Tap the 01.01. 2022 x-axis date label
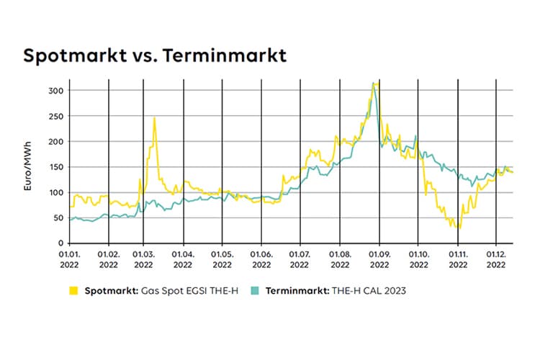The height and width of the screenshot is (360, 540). [69, 259]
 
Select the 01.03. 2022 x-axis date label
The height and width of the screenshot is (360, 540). [144, 259]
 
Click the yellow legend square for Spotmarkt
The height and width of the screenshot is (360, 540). [73, 292]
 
